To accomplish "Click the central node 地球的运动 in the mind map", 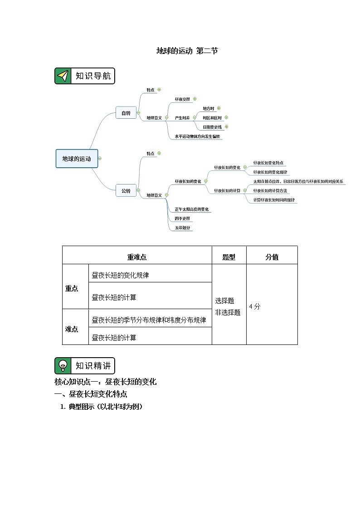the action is pos(77,159).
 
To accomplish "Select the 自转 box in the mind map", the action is pos(126,113).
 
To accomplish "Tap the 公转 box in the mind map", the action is pos(126,191).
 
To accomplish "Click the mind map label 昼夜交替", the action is pos(182,99).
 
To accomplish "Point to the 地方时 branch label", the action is pos(208,108).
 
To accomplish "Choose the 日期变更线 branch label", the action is pos(212,127).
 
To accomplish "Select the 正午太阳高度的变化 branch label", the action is pos(192,209).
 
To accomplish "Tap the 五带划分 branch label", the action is pos(182,228).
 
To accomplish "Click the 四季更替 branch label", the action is pos(182,219).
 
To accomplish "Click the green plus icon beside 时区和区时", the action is pos(226,117).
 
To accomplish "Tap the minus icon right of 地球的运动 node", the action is pos(100,159).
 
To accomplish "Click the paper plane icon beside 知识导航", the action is pos(63,76).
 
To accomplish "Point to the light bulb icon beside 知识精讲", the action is pos(63,366).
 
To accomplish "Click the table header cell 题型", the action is pos(229,257).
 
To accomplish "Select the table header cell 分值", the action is pos(272,257).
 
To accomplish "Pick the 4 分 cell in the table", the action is pos(255,306).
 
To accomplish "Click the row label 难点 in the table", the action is pos(72,329).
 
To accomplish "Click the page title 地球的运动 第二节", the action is pos(187,51).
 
